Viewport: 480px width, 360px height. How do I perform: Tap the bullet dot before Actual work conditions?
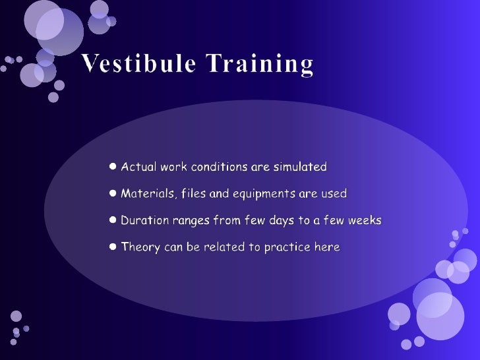tap(113, 167)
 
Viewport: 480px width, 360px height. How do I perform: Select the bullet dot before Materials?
tap(113, 194)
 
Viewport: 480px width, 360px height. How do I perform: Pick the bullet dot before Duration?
tap(113, 220)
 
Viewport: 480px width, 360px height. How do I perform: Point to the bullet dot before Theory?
tap(113, 247)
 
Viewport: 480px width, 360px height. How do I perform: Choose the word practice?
tap(287, 247)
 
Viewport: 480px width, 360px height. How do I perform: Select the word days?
tap(284, 220)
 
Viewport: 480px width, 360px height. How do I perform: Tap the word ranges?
tap(193, 220)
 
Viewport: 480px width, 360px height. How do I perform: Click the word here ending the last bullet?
tap(327, 247)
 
